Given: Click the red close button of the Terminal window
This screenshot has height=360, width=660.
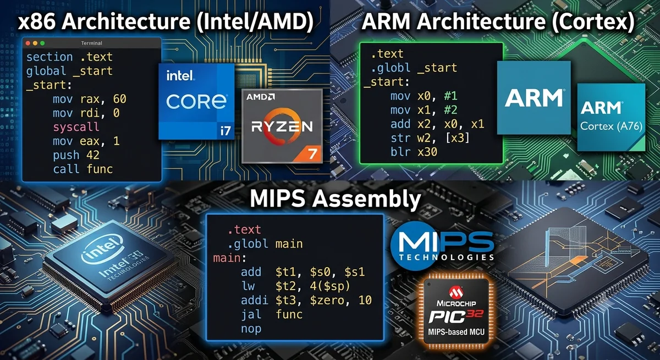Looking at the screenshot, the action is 28,43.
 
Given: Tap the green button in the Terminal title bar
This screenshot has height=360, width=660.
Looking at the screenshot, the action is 42,43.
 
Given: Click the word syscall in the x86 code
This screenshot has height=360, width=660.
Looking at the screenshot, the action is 76,127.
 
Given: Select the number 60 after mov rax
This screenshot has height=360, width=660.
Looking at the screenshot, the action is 120,99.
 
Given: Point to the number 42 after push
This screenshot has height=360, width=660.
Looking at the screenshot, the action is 93,155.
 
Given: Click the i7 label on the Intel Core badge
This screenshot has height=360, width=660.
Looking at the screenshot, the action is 226,130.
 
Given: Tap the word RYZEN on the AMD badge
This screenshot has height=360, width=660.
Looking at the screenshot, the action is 282,126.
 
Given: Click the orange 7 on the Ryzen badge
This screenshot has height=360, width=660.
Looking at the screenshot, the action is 312,154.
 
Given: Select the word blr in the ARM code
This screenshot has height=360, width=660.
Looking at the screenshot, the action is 400,152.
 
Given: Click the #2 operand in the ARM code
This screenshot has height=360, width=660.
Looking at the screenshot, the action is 450,110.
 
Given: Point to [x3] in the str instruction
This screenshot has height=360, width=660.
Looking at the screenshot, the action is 457,138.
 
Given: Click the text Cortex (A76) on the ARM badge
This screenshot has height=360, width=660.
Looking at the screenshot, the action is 611,126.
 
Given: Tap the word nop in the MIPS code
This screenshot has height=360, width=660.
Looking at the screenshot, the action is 251,329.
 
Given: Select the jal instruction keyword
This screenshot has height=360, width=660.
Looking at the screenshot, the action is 251,314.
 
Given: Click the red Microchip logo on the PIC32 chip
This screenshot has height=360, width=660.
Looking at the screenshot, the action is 456,292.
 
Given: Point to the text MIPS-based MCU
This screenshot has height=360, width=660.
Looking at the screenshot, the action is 456,332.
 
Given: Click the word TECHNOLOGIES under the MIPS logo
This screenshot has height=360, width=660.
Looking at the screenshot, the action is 447,257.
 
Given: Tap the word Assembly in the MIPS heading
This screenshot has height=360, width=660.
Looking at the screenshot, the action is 366,200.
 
